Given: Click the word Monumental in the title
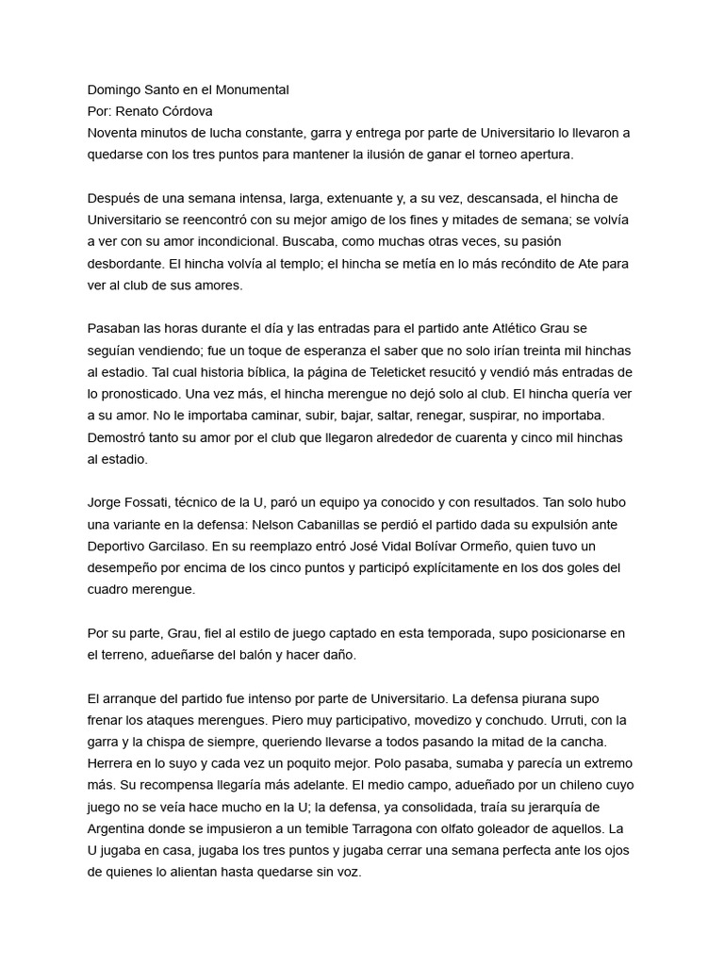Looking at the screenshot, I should pyautogui.click(x=254, y=90).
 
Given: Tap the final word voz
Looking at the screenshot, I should pyautogui.click(x=349, y=873).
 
